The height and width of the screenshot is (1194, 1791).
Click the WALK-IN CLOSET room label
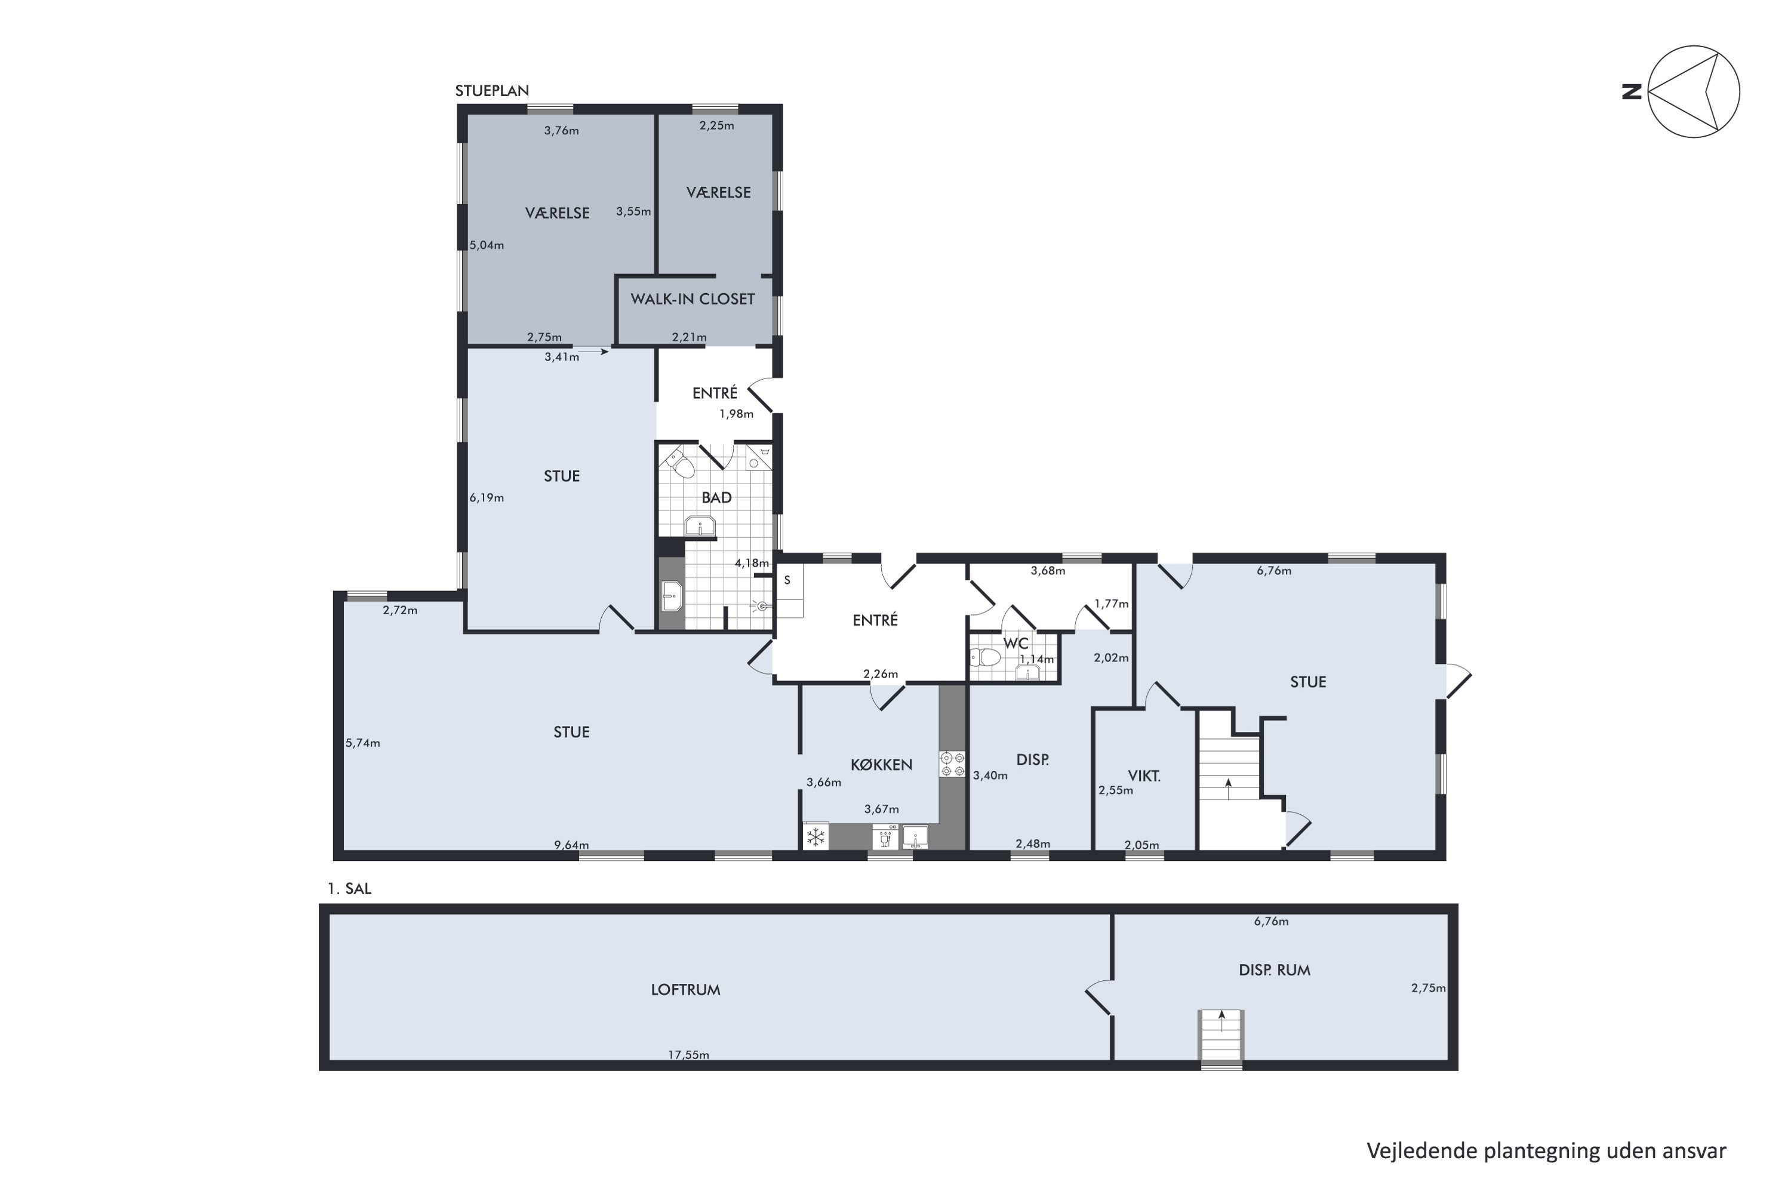coord(692,299)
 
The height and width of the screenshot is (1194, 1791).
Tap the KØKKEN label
coord(881,765)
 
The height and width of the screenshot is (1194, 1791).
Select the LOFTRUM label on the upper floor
coord(685,990)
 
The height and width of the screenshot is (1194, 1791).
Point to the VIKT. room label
coord(1144,777)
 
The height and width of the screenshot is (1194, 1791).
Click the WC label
coord(1016,644)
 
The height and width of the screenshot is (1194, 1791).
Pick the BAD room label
coord(716,498)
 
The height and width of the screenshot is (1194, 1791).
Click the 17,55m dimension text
coord(688,1055)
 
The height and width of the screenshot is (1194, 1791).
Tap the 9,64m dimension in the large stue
coord(571,845)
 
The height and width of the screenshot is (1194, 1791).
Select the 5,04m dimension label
coord(487,245)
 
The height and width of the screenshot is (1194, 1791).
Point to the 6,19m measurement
coord(487,498)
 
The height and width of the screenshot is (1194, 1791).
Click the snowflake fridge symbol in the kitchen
coord(816,837)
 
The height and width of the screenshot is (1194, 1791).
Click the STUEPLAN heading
coord(492,91)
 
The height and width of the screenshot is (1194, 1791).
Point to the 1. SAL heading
coord(349,889)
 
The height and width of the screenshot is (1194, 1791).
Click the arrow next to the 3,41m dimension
coord(593,352)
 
